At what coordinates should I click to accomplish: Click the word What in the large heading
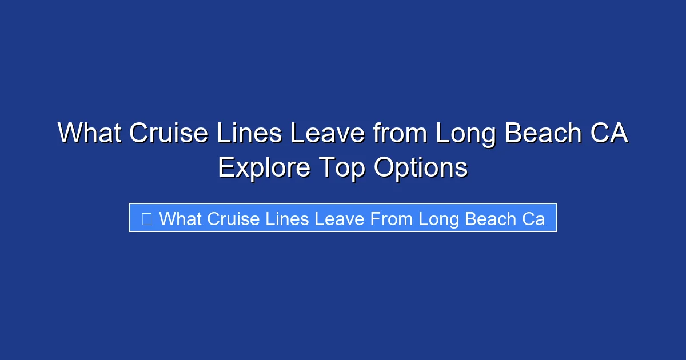tap(90, 134)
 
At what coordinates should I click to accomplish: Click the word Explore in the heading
tap(264, 168)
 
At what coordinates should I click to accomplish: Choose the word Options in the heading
tap(421, 168)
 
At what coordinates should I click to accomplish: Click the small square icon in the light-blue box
tap(146, 218)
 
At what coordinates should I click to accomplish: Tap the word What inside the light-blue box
tap(181, 218)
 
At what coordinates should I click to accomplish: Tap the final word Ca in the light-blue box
tap(533, 218)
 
